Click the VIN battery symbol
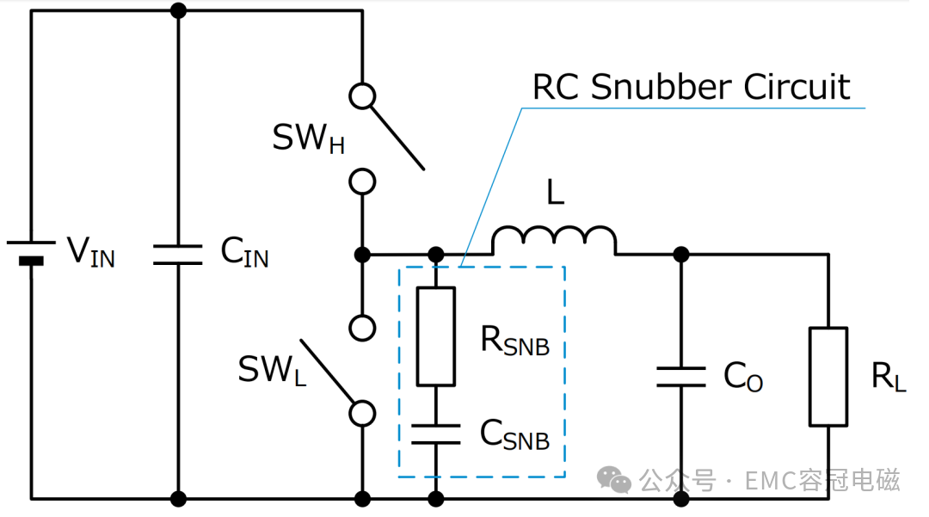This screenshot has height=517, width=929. tap(31, 252)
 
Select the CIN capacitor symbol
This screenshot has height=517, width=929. tap(178, 255)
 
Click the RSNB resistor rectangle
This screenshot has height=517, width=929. tap(436, 336)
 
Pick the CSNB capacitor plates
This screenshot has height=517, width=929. tap(436, 434)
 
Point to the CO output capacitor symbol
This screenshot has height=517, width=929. tap(681, 378)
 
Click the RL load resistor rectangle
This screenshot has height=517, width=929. tap(828, 377)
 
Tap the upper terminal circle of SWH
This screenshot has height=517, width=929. tap(363, 95)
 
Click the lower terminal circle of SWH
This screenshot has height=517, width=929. tap(363, 182)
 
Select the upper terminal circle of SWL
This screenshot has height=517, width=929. tap(363, 328)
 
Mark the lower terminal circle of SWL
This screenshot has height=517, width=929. tap(363, 414)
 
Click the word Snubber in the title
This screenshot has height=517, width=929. tap(661, 87)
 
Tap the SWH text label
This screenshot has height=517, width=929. tap(308, 138)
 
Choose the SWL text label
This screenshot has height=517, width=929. tap(273, 370)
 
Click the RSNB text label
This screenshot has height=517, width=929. tap(515, 341)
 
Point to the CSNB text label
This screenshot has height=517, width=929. tap(514, 434)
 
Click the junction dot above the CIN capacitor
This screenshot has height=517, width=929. tap(178, 10)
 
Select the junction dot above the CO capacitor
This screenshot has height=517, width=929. tap(681, 255)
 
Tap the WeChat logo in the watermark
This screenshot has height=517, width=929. tap(614, 479)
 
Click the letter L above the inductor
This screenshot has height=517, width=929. tap(555, 193)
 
